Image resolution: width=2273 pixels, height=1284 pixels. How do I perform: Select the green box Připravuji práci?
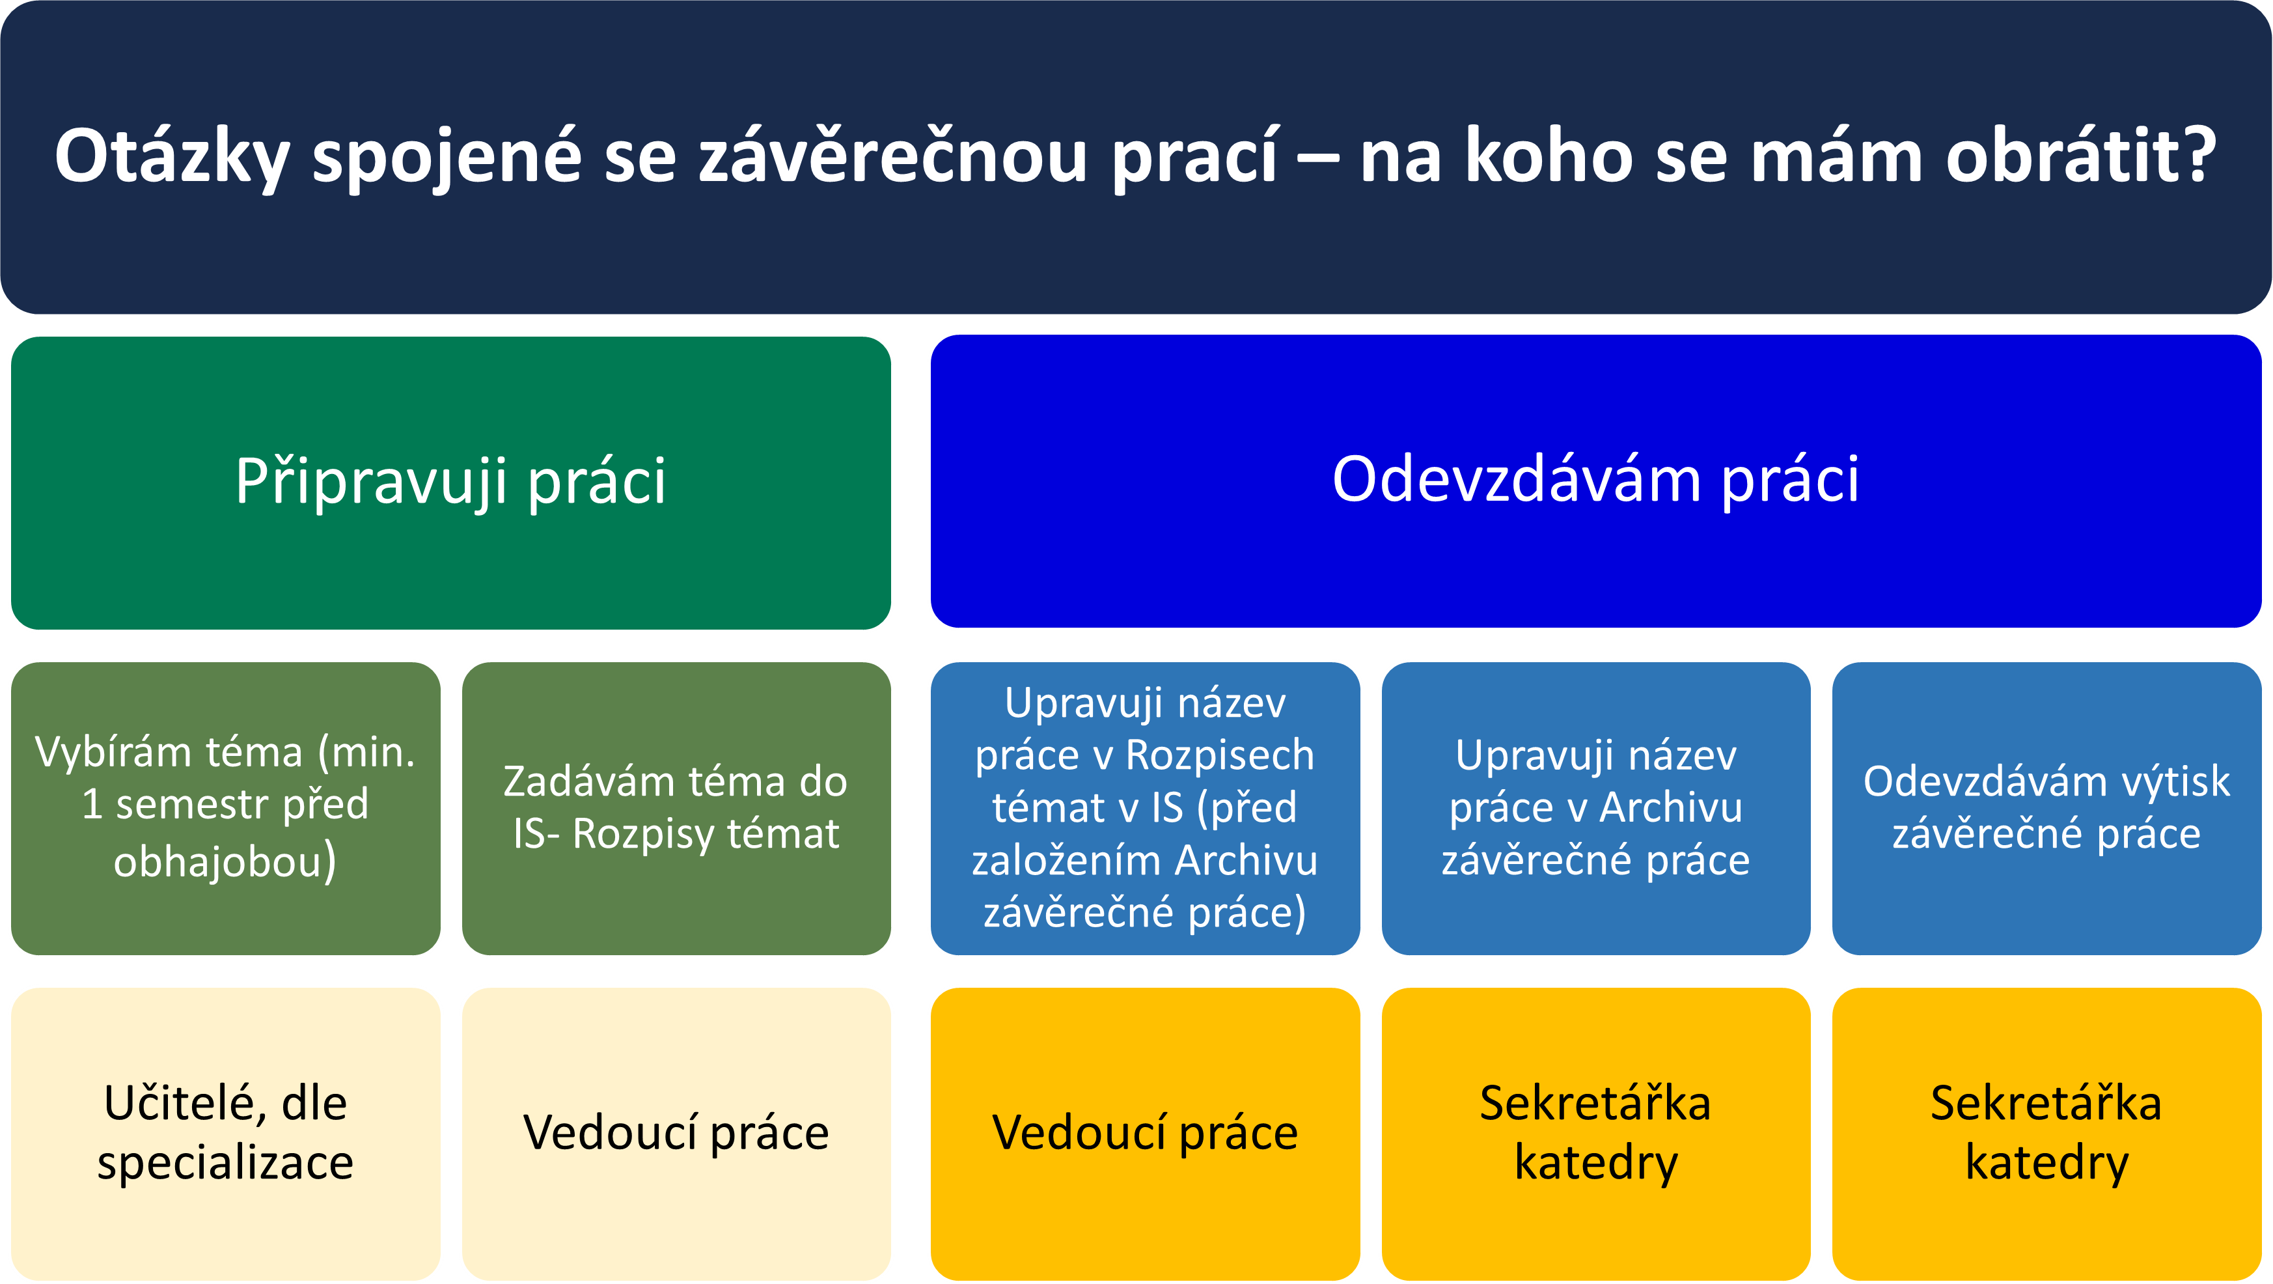click(451, 482)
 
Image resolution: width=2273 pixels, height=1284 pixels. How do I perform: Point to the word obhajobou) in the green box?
click(225, 861)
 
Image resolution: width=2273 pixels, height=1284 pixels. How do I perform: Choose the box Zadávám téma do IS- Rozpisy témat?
click(676, 807)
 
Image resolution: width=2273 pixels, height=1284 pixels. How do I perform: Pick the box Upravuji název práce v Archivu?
click(1595, 807)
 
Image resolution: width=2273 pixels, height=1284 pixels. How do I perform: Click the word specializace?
click(225, 1162)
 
